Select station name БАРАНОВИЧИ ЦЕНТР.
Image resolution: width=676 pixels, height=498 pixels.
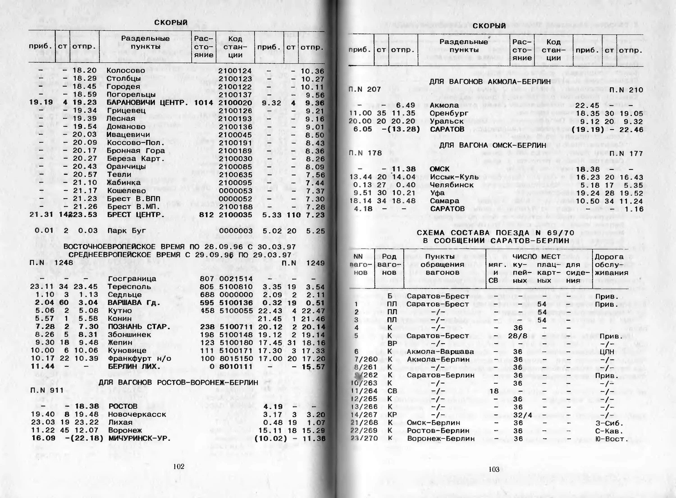coord(147,103)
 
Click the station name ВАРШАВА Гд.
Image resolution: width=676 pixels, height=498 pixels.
coord(134,303)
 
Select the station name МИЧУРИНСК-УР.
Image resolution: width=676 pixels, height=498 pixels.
coord(139,438)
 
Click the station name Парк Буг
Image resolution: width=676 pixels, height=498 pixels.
coord(127,231)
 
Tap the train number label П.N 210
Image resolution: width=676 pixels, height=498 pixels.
coord(626,90)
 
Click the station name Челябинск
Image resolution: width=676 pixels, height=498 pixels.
coord(452,185)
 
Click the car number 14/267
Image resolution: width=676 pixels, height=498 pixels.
coord(364,415)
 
